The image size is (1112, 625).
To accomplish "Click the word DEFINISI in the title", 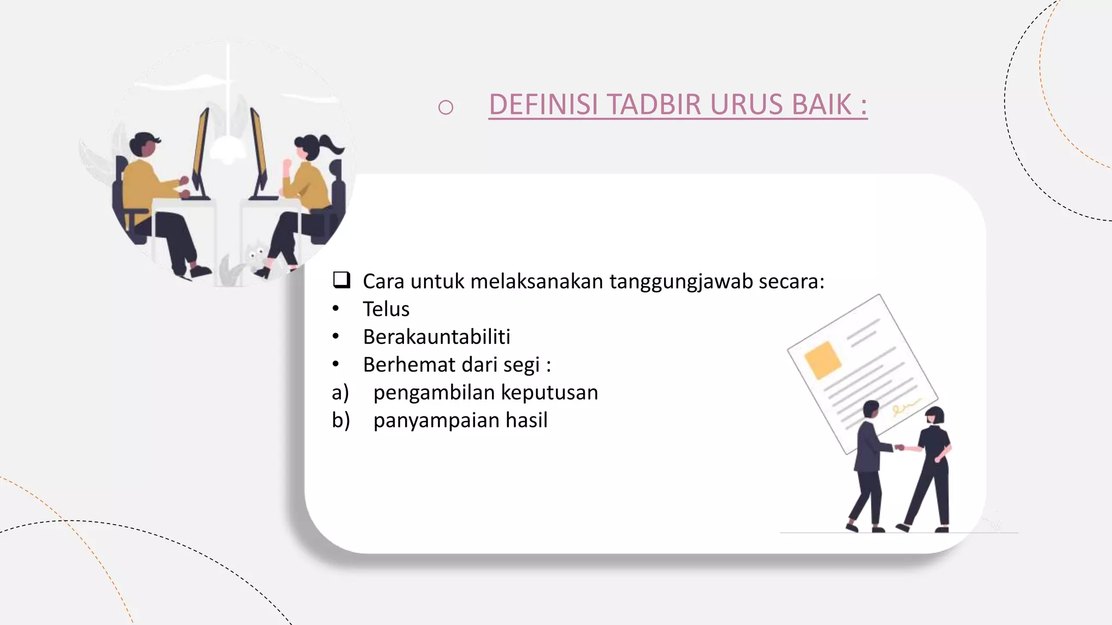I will coord(544,105).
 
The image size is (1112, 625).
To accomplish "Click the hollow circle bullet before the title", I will coord(445,107).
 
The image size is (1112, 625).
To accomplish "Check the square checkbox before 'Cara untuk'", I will coord(342,280).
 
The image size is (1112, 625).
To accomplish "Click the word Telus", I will coord(386,309).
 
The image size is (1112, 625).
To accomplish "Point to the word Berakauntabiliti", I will coord(437,337).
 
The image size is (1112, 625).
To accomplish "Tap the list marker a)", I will coord(340,392).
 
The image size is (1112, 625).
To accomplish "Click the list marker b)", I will coord(340,420).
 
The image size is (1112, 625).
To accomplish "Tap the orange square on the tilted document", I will coord(823,359).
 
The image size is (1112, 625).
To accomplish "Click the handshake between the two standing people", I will coord(901,448).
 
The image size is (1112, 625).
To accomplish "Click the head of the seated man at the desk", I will coord(143,144).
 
